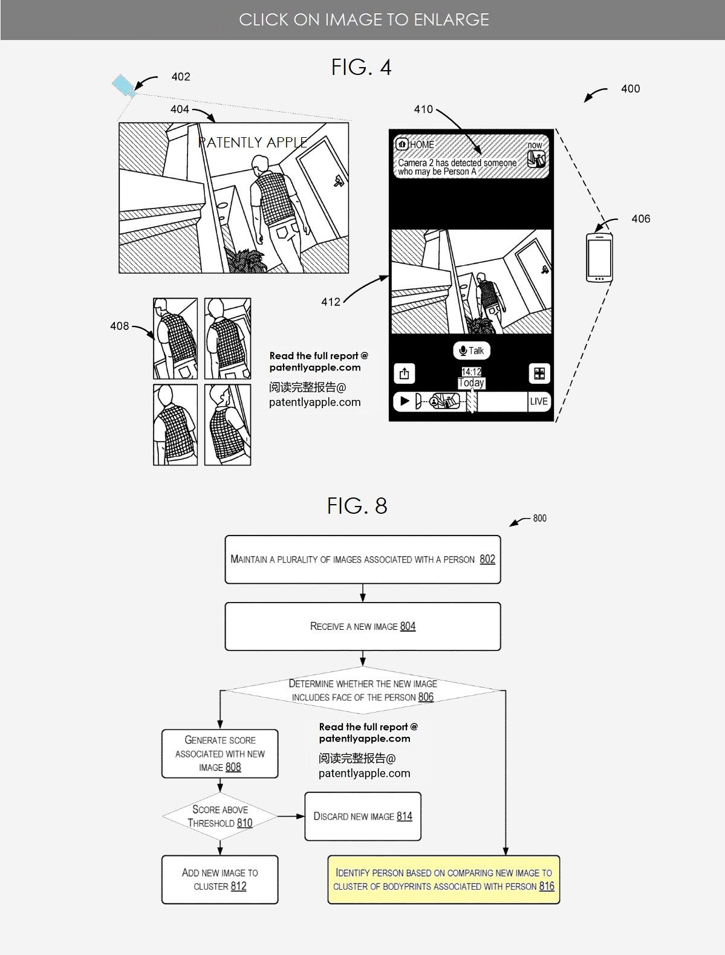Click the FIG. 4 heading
(361, 67)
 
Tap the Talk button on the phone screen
(472, 351)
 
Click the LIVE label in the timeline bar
(538, 401)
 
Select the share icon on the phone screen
(404, 374)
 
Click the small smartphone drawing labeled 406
(599, 257)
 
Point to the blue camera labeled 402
(123, 85)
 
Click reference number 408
(119, 326)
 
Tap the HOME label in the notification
(421, 144)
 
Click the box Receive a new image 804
(362, 626)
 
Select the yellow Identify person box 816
(443, 879)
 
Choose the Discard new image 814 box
(362, 816)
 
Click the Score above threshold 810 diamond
(220, 816)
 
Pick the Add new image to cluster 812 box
(219, 879)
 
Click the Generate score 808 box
(219, 753)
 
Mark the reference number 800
(539, 518)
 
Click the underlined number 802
(487, 559)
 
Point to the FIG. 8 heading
(357, 506)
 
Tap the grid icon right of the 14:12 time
(539, 374)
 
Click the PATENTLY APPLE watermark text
(253, 143)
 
